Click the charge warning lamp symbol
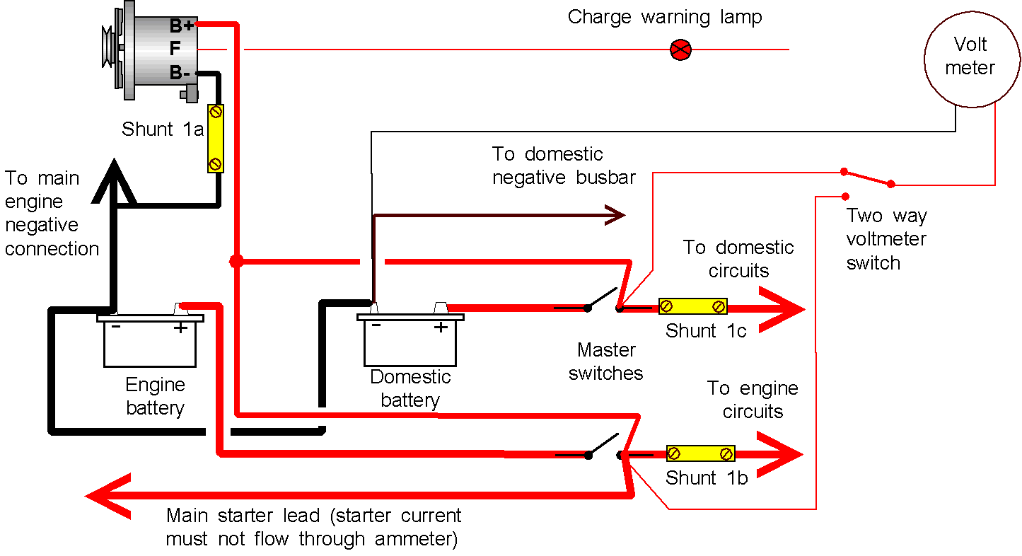coord(680,50)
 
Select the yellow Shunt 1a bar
coord(215,139)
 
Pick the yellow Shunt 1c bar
coord(692,306)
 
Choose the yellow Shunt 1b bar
coord(700,453)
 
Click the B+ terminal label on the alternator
coord(182,26)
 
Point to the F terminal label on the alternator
coord(175,48)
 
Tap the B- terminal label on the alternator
coord(180,73)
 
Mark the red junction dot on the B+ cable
coord(236,262)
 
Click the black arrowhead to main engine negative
coord(114,181)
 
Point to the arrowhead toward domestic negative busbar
coord(615,215)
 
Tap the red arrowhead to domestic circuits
coord(782,309)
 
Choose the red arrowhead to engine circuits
coord(779,454)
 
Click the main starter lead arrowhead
coord(108,496)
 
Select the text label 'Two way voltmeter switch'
coord(886,239)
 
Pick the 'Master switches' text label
coord(606,361)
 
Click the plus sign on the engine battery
coord(180,328)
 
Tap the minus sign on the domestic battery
coord(376,325)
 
